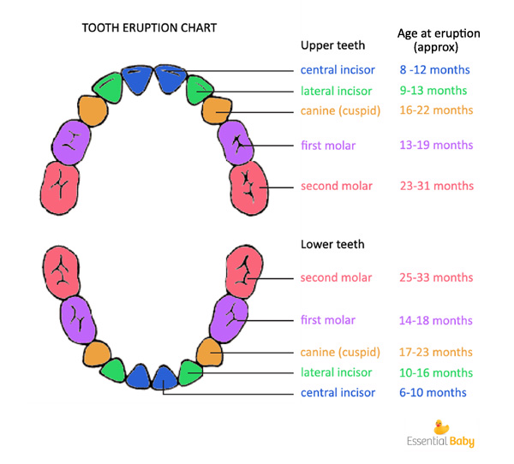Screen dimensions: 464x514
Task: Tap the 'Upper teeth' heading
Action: pyautogui.click(x=333, y=45)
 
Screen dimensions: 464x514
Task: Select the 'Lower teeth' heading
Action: pyautogui.click(x=332, y=244)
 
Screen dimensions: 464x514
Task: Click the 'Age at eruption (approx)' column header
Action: pyautogui.click(x=439, y=40)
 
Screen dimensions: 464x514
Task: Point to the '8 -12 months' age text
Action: pyautogui.click(x=434, y=69)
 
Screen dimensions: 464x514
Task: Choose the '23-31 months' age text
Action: pyautogui.click(x=436, y=185)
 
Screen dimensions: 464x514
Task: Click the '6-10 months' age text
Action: pyautogui.click(x=433, y=392)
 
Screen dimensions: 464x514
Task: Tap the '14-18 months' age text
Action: pyautogui.click(x=436, y=320)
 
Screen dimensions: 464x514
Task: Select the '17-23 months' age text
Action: pyautogui.click(x=436, y=352)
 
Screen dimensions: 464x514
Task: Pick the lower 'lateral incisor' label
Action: pyautogui.click(x=336, y=372)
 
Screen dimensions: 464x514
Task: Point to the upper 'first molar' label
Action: pyautogui.click(x=328, y=146)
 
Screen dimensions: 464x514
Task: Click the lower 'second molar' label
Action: pyautogui.click(x=336, y=277)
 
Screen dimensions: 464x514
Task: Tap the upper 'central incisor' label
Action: pyautogui.click(x=337, y=69)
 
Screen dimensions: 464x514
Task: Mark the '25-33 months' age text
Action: pyautogui.click(x=436, y=277)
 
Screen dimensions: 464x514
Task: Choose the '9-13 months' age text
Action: pyautogui.click(x=434, y=90)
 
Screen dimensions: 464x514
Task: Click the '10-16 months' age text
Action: pyautogui.click(x=436, y=372)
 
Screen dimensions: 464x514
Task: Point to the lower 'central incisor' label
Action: pyautogui.click(x=338, y=392)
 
